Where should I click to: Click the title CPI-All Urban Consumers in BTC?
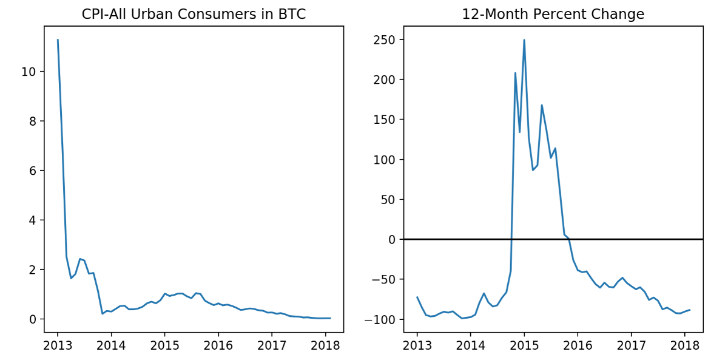[194, 15]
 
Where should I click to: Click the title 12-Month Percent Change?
[553, 15]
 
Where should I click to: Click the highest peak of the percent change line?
[524, 40]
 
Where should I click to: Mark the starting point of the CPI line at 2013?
[58, 40]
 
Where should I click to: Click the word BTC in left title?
[292, 15]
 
